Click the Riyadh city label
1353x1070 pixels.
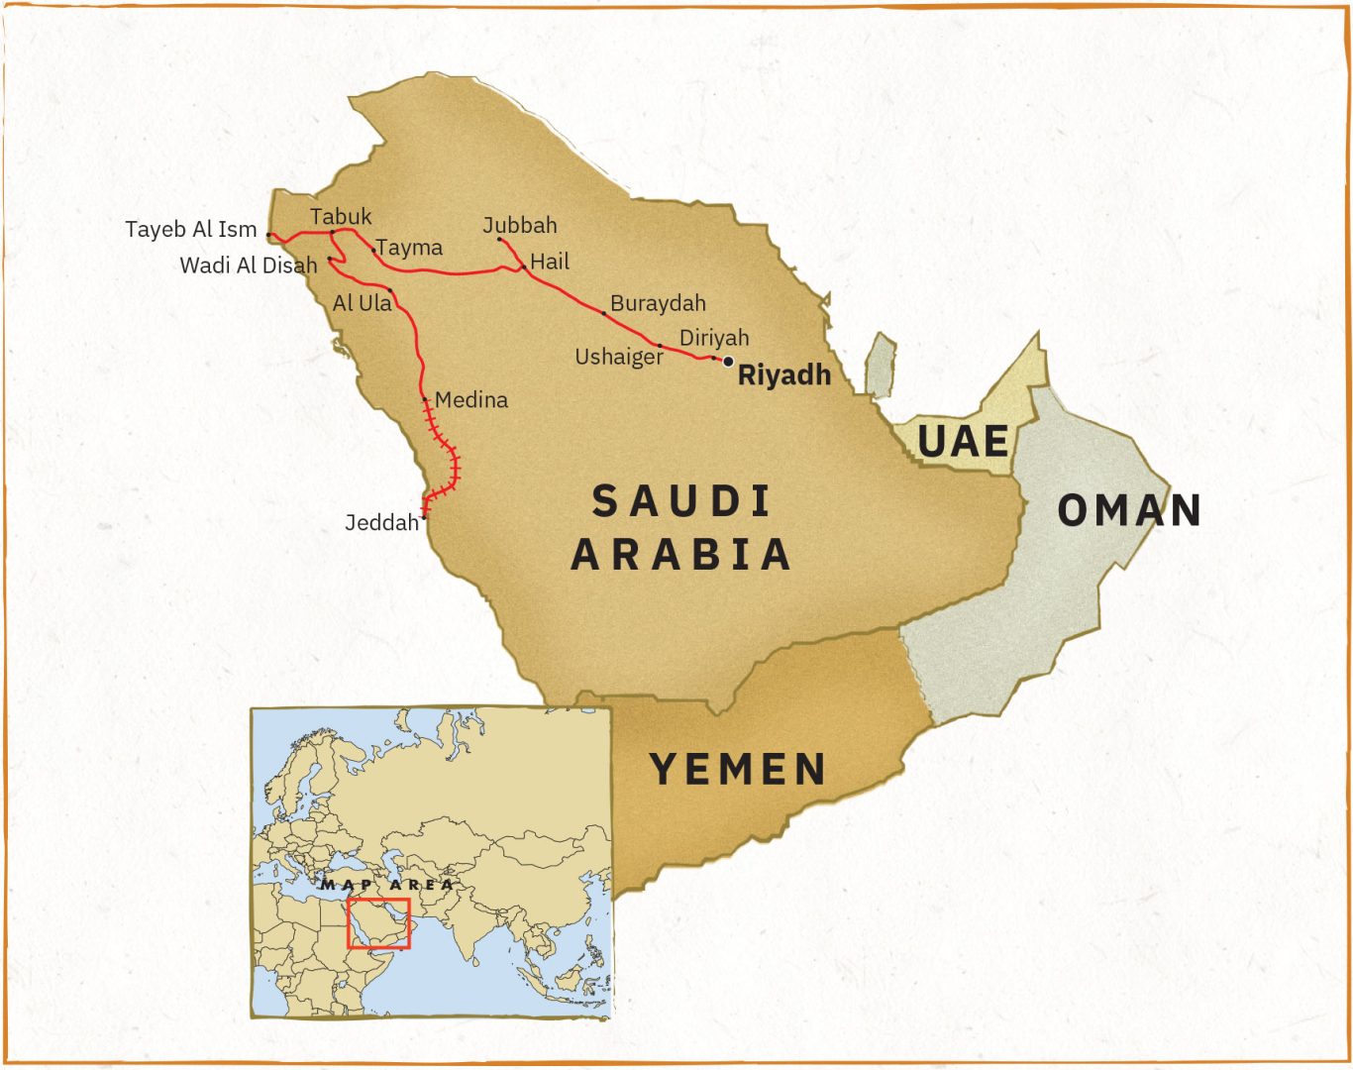(783, 375)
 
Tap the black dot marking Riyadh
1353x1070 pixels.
(728, 362)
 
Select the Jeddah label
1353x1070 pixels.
(381, 522)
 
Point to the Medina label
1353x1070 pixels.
(471, 400)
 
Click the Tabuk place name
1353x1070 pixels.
(341, 217)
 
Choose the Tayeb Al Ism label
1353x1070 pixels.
(191, 230)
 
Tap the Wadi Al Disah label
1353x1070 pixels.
(249, 266)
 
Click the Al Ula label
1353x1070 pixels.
(362, 303)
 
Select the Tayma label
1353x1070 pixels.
(409, 248)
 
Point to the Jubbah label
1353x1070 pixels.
(520, 226)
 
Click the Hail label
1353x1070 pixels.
(550, 262)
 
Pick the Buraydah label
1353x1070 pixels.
(658, 303)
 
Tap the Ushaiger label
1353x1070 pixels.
(619, 357)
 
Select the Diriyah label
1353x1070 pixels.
(714, 338)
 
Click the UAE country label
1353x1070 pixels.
(963, 442)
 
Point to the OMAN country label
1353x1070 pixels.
(1129, 511)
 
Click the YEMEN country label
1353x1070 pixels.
(738, 770)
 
